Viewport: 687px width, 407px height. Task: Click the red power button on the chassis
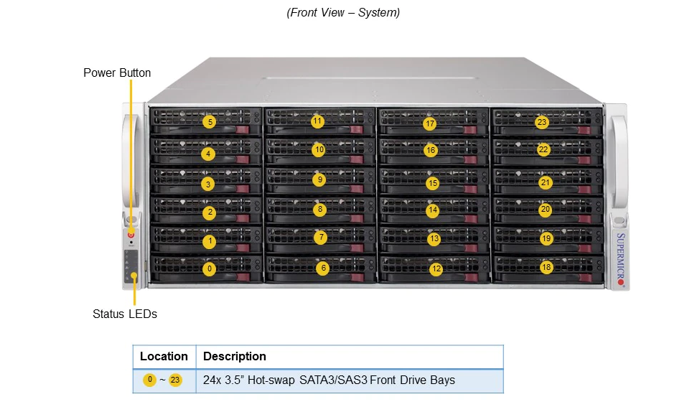tap(131, 235)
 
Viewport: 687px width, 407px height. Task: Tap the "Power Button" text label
tap(117, 72)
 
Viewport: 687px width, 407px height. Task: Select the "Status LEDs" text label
tap(125, 314)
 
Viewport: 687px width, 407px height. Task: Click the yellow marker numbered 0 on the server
tap(210, 268)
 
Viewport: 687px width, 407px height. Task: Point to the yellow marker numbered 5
tap(210, 122)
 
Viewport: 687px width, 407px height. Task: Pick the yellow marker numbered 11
tap(317, 121)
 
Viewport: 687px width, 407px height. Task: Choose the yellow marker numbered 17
tap(430, 123)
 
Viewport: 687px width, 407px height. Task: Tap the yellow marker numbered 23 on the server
tap(542, 122)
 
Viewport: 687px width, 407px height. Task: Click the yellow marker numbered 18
tap(546, 267)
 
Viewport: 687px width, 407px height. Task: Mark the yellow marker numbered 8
tap(320, 210)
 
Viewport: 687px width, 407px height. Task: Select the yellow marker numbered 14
tap(432, 210)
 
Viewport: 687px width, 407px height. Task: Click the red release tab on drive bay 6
tap(357, 277)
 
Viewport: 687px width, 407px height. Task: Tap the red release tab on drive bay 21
tap(584, 190)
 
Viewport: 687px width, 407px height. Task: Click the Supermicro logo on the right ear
tap(620, 259)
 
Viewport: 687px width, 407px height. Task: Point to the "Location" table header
tap(164, 356)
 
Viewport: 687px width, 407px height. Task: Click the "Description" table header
tap(235, 356)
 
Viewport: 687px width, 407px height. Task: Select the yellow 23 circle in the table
tap(175, 380)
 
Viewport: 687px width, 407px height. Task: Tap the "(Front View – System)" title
tap(343, 13)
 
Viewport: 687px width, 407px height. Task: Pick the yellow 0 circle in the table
tap(149, 380)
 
